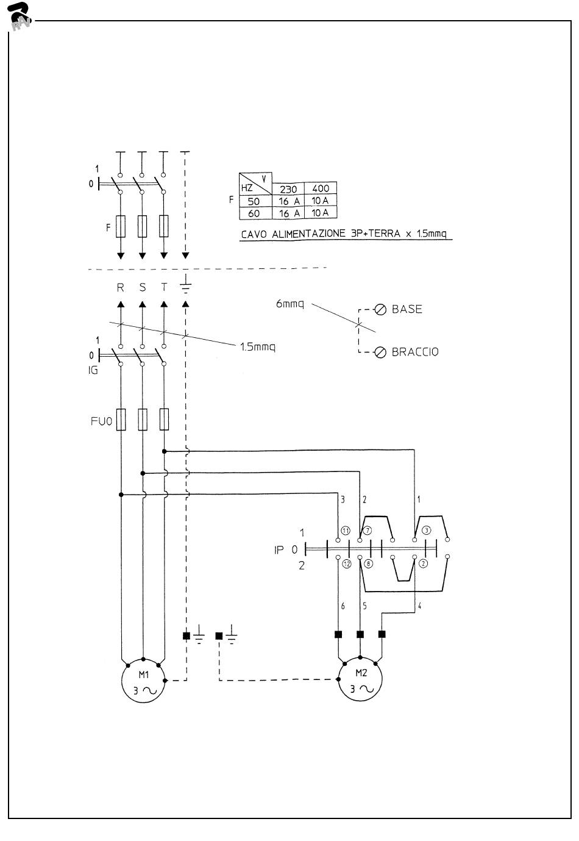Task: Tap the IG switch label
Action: [93, 370]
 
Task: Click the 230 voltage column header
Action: [288, 189]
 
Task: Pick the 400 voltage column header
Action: [321, 189]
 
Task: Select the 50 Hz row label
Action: [254, 201]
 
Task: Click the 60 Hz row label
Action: [254, 213]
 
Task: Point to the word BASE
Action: [407, 309]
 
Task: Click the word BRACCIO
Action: [415, 352]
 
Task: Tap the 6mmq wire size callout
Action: [289, 303]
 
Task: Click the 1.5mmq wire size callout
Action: [257, 347]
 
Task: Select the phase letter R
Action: [121, 287]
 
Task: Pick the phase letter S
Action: [142, 287]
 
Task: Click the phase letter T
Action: [163, 287]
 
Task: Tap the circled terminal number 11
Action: [346, 531]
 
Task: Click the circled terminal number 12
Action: [346, 564]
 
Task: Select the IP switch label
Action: [279, 549]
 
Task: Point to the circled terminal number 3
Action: [427, 531]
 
